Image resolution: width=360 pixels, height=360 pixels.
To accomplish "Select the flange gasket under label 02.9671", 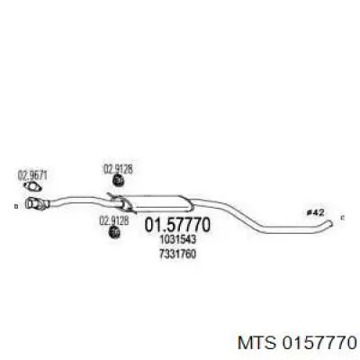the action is click(x=33, y=187).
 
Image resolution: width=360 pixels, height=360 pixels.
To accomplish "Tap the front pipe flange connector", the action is click(x=37, y=203).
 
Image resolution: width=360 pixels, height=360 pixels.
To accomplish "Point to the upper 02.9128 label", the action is click(x=118, y=169).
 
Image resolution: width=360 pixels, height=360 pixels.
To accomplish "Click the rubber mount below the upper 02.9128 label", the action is click(x=119, y=181).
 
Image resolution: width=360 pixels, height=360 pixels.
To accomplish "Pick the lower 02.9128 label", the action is click(x=114, y=221).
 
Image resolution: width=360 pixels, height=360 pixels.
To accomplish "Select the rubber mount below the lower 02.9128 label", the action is click(x=114, y=232).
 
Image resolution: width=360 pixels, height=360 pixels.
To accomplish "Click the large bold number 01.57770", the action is click(x=177, y=225).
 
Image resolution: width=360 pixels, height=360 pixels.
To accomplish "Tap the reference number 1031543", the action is click(x=178, y=239).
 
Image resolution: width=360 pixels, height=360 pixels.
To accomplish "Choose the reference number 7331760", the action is click(x=178, y=254).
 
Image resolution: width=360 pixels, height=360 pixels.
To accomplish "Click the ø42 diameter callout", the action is click(x=315, y=212).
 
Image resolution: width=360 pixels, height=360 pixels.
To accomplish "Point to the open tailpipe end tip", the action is click(x=330, y=223).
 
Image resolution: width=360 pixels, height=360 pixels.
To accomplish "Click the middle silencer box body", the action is click(x=157, y=202).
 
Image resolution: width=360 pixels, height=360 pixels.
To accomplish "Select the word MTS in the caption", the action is click(x=256, y=343).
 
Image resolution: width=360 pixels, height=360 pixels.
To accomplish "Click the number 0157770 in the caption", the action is click(x=318, y=343).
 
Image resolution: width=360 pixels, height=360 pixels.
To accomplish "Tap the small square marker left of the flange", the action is click(x=16, y=206).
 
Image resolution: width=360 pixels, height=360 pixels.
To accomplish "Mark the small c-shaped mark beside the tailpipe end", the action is click(x=343, y=218).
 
